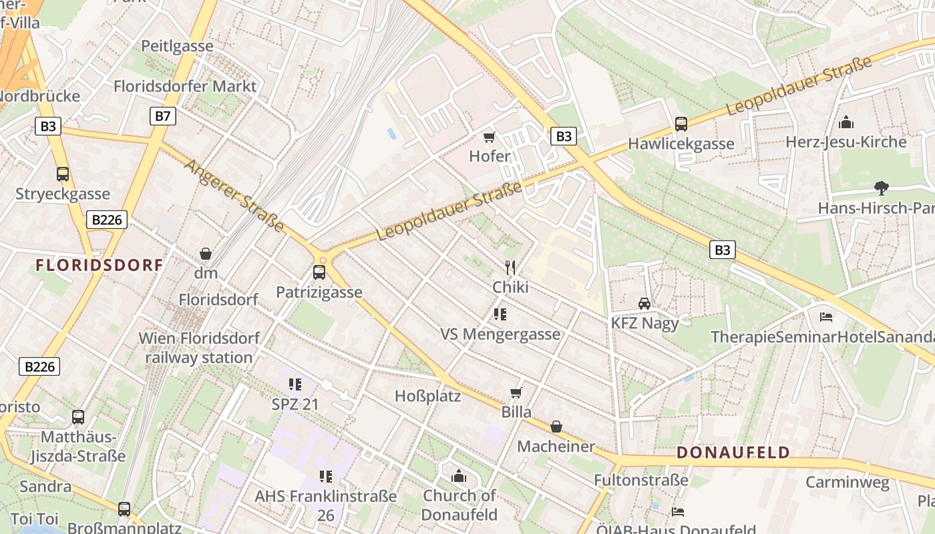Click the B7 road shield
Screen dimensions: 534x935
[162, 116]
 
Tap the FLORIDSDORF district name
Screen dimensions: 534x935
[100, 265]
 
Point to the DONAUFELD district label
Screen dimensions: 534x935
[733, 453]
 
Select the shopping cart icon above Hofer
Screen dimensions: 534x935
[490, 138]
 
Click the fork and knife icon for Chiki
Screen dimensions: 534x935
[510, 268]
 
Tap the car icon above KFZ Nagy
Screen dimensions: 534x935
[644, 304]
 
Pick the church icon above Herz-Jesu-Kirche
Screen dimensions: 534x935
[846, 123]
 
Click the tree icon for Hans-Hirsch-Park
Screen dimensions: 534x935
[882, 188]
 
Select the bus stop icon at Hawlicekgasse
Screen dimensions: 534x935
[681, 124]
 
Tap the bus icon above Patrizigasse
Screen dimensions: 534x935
[319, 272]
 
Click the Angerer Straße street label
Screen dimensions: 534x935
[234, 196]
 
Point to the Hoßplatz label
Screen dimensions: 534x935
[428, 396]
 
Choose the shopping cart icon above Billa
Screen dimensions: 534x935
[516, 392]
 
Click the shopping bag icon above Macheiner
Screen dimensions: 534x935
[556, 427]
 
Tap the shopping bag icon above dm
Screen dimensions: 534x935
[206, 254]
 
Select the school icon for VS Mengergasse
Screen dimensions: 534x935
[500, 314]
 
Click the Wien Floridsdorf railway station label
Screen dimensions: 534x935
[199, 348]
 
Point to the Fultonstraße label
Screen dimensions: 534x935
[641, 480]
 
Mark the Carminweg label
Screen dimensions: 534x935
[848, 482]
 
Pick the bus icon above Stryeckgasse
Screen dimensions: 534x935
[63, 174]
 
